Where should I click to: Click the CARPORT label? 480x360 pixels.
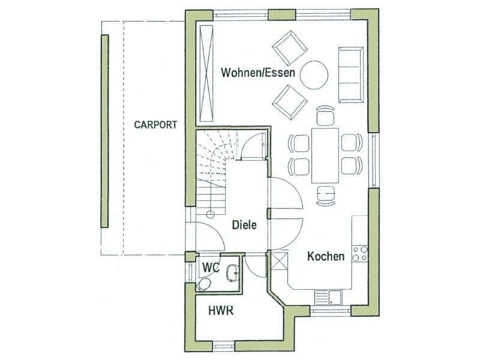click(155, 125)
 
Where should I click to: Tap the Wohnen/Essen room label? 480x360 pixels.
click(258, 73)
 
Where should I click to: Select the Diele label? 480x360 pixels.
click(244, 225)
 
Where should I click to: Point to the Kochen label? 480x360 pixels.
click(326, 256)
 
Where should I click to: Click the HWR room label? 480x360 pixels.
click(221, 311)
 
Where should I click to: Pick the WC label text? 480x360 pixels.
click(211, 268)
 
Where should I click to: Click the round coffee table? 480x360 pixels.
click(314, 75)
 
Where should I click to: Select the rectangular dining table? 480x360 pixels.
click(325, 155)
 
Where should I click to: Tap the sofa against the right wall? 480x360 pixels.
click(351, 74)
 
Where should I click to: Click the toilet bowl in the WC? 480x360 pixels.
click(203, 284)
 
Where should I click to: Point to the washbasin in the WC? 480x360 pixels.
click(233, 273)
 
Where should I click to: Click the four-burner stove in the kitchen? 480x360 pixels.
click(359, 253)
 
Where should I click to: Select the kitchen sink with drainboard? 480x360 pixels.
click(328, 297)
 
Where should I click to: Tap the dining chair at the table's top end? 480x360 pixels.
click(325, 115)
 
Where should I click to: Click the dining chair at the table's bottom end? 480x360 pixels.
click(325, 196)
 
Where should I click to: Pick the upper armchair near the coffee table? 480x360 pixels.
click(289, 48)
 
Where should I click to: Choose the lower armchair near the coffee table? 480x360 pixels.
click(290, 102)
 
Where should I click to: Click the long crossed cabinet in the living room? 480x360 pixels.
click(206, 74)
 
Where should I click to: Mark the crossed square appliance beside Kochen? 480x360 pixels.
click(280, 260)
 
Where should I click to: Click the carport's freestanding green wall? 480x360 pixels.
click(104, 131)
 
